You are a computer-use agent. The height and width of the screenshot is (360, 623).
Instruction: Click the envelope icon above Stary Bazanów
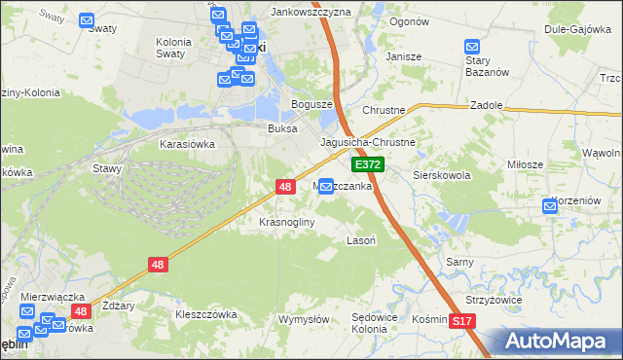(x=472, y=47)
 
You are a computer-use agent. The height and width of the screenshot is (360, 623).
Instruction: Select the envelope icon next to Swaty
(x=87, y=19)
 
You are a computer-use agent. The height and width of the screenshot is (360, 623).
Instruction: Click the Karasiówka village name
(x=187, y=143)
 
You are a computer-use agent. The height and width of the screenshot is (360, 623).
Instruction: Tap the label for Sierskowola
(x=442, y=176)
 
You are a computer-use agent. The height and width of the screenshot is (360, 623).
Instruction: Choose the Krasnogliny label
(x=286, y=222)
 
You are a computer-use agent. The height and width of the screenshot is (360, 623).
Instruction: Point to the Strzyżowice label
(x=495, y=300)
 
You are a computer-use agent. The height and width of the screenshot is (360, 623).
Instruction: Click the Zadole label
(x=486, y=104)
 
